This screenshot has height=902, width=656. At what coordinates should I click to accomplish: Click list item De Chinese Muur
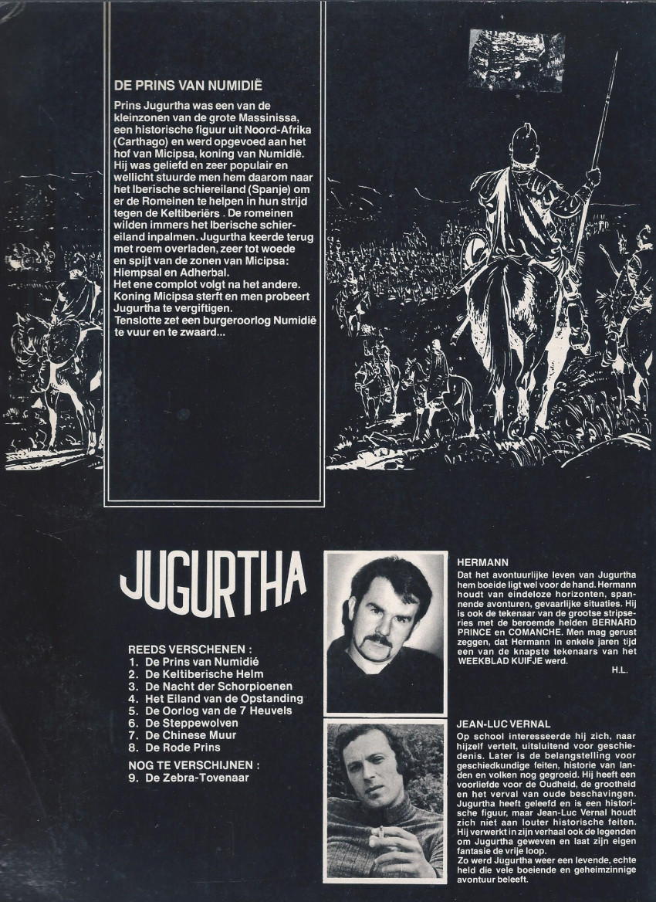coord(191,735)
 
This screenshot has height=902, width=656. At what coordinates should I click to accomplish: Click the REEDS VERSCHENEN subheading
coord(190,649)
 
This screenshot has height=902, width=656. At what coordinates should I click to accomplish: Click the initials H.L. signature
coord(619,670)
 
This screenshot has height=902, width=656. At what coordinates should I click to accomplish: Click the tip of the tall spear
coord(616,54)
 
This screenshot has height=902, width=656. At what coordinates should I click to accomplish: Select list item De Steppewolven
coord(181,723)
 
